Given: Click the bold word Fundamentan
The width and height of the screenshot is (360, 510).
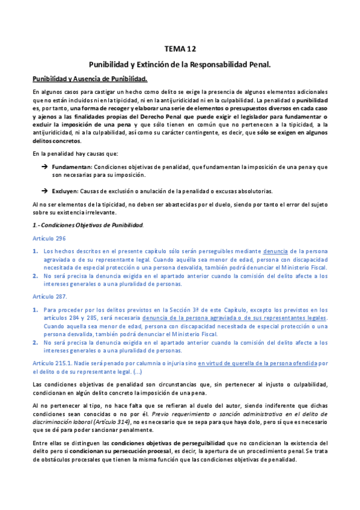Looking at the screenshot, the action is pyautogui.click(x=72, y=166).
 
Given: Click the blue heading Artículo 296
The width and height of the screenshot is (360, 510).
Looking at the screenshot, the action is pyautogui.click(x=48, y=238).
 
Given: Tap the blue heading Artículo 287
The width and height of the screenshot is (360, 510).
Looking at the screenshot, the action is pyautogui.click(x=49, y=296).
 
